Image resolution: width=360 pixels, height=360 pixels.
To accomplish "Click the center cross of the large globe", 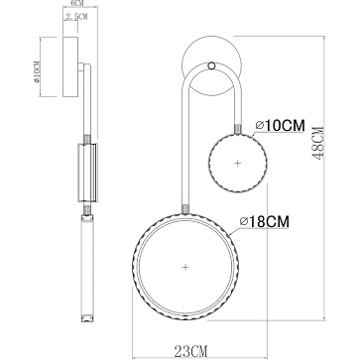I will tap(185, 267).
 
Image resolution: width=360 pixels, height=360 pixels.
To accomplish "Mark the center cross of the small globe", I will tap(237, 161).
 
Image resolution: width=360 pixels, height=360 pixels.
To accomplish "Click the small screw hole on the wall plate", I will tap(212, 67).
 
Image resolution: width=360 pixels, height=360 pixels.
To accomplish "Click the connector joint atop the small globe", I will tap(237, 127).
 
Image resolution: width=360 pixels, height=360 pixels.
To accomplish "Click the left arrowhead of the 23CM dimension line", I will tap(135, 336).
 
